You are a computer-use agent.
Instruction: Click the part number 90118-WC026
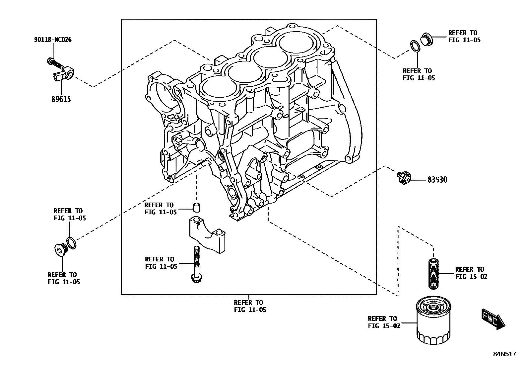pyautogui.click(x=52, y=40)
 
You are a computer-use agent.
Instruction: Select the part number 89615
pyautogui.click(x=61, y=99)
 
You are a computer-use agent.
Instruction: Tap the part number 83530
pyautogui.click(x=437, y=180)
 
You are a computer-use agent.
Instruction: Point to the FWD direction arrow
pyautogui.click(x=493, y=319)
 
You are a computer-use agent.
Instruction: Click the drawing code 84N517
pyautogui.click(x=504, y=354)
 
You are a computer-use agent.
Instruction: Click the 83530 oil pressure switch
pyautogui.click(x=404, y=177)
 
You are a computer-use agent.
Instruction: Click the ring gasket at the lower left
pyautogui.click(x=71, y=243)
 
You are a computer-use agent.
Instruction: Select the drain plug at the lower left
pyautogui.click(x=60, y=250)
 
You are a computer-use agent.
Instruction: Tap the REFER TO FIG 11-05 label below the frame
pyautogui.click(x=250, y=306)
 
